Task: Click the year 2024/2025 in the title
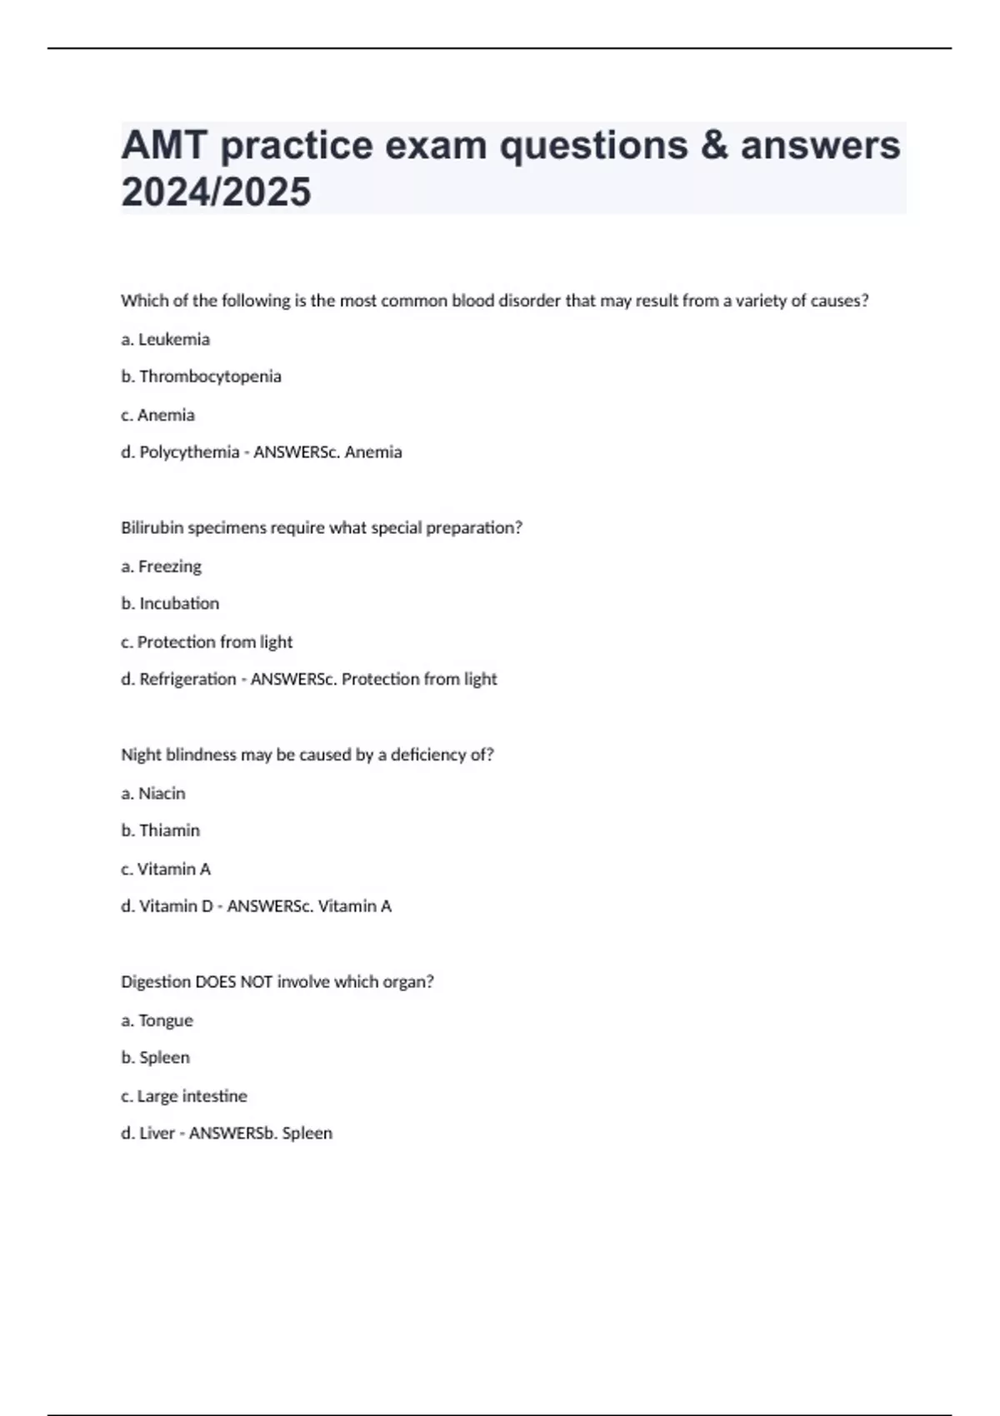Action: [216, 192]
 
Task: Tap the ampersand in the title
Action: [713, 145]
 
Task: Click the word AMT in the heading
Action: [164, 145]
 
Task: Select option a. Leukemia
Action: [165, 339]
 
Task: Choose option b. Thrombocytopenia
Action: [201, 376]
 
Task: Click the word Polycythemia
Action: [189, 452]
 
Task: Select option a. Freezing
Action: [161, 566]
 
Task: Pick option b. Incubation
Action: [170, 603]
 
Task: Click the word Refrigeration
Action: [187, 679]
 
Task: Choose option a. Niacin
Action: [153, 793]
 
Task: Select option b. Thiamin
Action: [160, 830]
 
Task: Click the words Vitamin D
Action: [176, 906]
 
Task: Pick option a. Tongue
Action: [157, 1020]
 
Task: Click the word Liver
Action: [157, 1133]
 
